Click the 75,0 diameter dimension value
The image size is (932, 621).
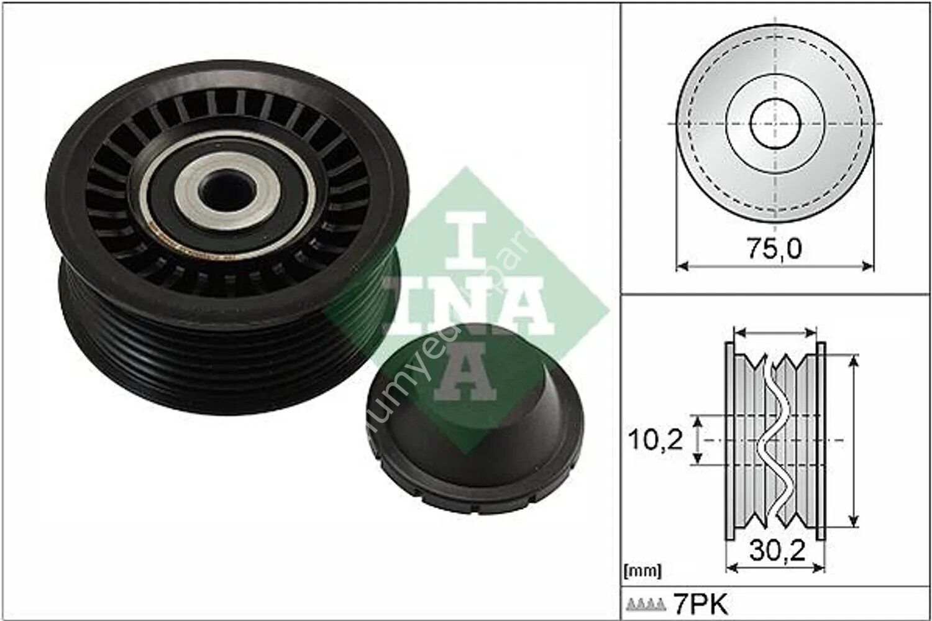(x=773, y=249)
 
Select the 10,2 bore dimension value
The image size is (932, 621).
(x=655, y=440)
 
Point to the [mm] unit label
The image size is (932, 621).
(x=641, y=569)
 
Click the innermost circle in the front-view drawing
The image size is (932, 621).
(x=774, y=124)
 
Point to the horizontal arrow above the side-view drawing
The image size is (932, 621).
(x=774, y=332)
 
